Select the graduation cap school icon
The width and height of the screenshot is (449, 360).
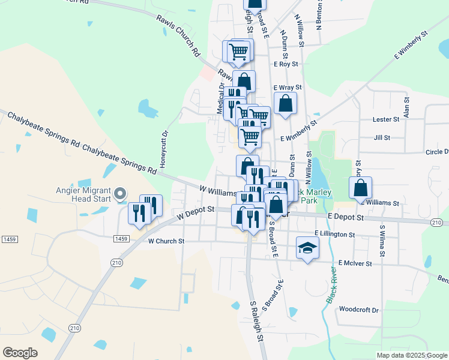(307, 248)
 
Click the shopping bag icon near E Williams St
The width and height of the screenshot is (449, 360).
(360, 188)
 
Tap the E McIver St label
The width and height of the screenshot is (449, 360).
(355, 263)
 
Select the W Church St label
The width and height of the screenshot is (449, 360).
(166, 241)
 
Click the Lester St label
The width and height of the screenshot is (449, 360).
(386, 119)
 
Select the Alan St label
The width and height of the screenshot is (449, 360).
(407, 107)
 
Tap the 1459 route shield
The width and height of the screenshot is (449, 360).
(120, 238)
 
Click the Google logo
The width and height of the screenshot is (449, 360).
(20, 352)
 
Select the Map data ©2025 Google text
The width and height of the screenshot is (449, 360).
(411, 355)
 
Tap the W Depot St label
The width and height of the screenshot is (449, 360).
(195, 211)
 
